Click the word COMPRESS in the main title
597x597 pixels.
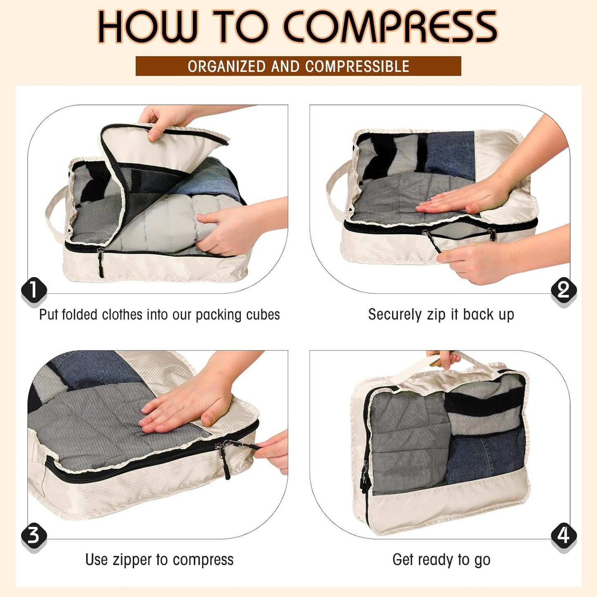390,27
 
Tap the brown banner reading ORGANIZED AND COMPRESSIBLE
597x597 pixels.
298,66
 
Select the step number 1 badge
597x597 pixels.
33,290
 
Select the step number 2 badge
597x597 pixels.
564,290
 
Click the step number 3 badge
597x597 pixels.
33,535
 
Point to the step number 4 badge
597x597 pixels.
564,535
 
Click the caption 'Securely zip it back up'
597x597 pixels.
441,315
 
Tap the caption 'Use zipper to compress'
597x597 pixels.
159,560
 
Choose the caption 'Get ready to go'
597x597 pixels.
441,560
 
